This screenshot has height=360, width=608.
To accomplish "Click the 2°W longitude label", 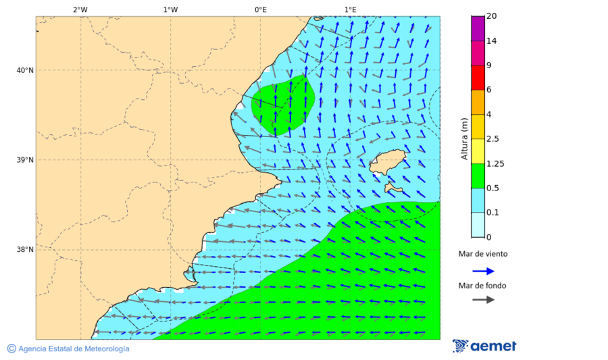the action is pyautogui.click(x=80, y=9).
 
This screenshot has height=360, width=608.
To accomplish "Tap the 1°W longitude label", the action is pyautogui.click(x=170, y=9).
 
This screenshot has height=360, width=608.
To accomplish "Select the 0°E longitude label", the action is pyautogui.click(x=260, y=9).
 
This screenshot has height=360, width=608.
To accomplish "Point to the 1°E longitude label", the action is pyautogui.click(x=350, y=9).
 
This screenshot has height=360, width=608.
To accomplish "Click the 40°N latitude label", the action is pyautogui.click(x=25, y=70).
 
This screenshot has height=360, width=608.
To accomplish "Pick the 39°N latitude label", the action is pyautogui.click(x=25, y=160).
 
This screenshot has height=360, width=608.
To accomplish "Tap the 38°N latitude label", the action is pyautogui.click(x=25, y=250).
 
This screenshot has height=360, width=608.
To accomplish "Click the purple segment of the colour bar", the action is pyautogui.click(x=478, y=28).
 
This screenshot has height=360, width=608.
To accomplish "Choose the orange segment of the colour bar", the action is pyautogui.click(x=478, y=102).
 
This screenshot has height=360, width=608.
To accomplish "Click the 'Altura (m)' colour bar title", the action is pyautogui.click(x=464, y=138).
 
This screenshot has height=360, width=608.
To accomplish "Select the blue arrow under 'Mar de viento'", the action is pyautogui.click(x=483, y=271).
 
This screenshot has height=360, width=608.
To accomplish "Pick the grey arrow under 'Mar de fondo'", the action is pyautogui.click(x=483, y=300).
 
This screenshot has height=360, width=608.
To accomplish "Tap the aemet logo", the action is pyautogui.click(x=484, y=346).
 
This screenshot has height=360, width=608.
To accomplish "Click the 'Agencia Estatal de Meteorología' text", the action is pyautogui.click(x=73, y=349).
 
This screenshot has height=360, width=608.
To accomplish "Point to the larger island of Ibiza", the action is pyautogui.click(x=386, y=162).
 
